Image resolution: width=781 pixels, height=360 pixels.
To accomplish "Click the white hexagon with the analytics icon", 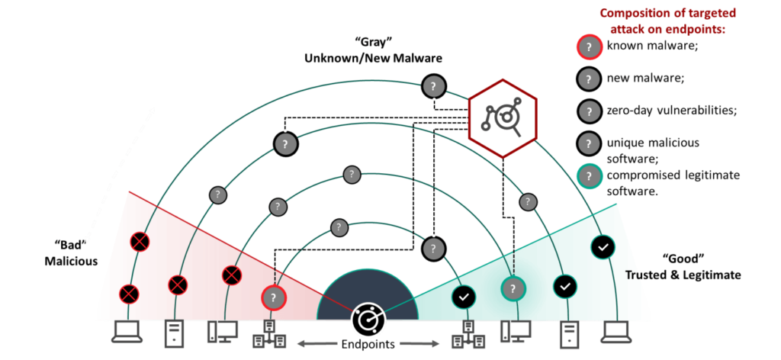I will click(503, 117).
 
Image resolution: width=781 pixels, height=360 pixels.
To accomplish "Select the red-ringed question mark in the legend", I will click(588, 47).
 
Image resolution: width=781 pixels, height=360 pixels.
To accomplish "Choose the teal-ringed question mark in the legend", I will click(588, 175).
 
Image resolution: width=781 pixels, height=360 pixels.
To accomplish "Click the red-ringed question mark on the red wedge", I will click(273, 297).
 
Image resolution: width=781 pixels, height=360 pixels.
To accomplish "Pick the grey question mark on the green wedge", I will click(513, 289).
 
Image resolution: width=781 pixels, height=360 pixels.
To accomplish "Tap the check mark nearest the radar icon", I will click(463, 296).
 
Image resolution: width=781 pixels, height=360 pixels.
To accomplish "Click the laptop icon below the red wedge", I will click(127, 332).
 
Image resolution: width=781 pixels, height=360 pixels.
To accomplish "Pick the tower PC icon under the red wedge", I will click(175, 333).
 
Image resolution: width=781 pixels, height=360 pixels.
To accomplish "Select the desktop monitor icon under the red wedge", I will click(223, 332).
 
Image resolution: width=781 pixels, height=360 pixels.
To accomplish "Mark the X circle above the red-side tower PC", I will click(178, 284).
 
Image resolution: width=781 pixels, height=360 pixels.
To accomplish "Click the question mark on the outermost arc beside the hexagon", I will click(433, 85).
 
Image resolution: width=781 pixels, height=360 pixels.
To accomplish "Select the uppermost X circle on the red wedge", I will click(139, 242).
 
